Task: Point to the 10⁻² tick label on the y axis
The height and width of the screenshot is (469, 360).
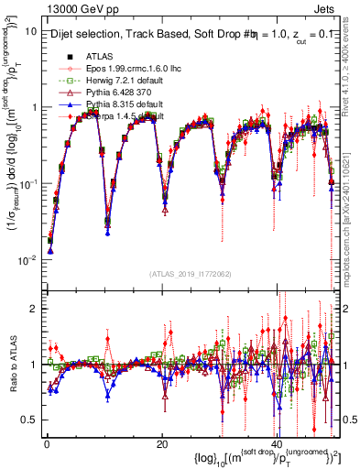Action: coord(25,260)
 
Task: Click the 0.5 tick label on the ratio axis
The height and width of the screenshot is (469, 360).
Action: coord(28,420)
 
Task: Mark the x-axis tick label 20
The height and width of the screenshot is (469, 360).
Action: coord(161,443)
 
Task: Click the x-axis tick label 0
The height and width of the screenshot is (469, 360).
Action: coord(45,443)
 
